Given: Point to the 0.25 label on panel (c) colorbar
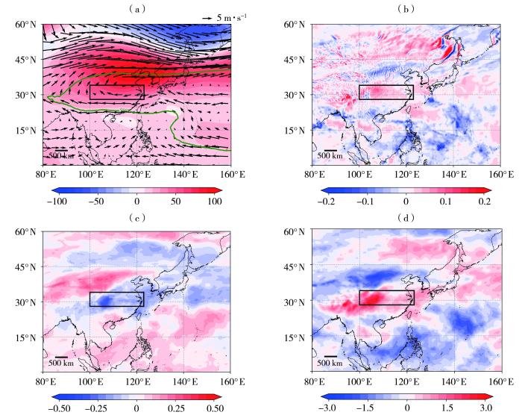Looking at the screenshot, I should (176, 409).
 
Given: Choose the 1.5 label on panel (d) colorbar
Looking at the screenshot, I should (446, 409).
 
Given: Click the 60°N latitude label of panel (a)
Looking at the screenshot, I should (28, 25).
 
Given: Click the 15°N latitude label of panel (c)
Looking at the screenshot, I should (28, 337).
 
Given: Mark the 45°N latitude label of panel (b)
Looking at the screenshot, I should (297, 60).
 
